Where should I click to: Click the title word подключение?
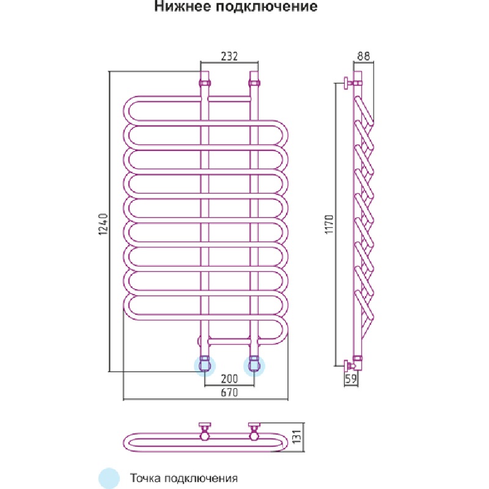click(x=269, y=8)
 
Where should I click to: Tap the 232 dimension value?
click(x=229, y=56)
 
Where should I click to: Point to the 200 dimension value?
click(x=229, y=379)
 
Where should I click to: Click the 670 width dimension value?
click(x=229, y=393)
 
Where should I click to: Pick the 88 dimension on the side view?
click(x=363, y=56)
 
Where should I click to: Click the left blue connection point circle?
click(x=204, y=366)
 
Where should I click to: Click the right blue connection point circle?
click(x=254, y=366)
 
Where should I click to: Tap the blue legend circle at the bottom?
click(x=109, y=477)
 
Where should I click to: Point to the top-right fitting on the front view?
click(x=254, y=82)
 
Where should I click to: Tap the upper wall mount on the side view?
click(x=350, y=83)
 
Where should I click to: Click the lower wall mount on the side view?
click(x=350, y=365)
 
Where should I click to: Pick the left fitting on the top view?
click(x=204, y=430)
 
